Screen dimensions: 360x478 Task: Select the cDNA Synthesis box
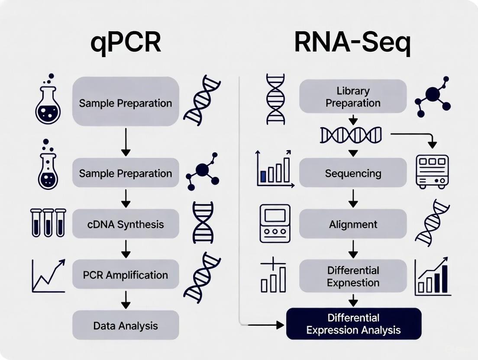click(126, 224)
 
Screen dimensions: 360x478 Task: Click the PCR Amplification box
click(126, 274)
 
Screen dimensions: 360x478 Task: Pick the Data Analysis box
click(126, 325)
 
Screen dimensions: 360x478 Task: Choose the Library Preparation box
click(353, 96)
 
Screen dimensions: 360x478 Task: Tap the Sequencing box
click(353, 173)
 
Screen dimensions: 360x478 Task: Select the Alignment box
click(353, 224)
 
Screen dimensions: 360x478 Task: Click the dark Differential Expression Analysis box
click(353, 324)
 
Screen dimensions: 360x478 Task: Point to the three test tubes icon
click(48, 223)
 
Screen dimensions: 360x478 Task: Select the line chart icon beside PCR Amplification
click(48, 276)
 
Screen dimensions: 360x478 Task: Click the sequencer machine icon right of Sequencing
click(432, 172)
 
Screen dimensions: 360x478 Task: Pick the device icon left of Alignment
click(275, 223)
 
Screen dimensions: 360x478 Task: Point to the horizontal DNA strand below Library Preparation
click(351, 135)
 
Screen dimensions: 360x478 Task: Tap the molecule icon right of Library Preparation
click(433, 96)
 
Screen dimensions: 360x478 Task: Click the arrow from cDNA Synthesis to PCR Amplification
click(126, 249)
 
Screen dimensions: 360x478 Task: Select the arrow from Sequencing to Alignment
click(353, 198)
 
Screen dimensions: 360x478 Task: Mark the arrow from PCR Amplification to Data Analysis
click(126, 299)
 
